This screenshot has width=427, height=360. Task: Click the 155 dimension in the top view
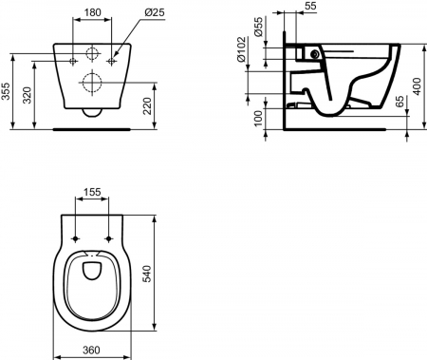click(93, 193)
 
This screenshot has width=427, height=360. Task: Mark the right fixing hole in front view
click(111, 60)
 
